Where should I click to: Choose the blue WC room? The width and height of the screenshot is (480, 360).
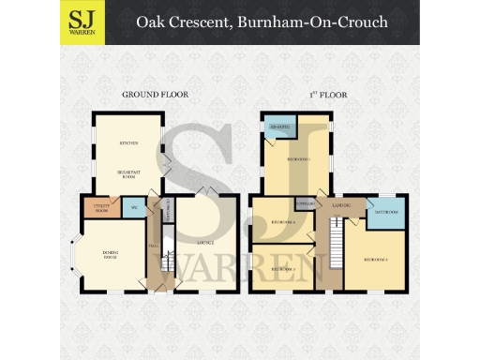point(135,208)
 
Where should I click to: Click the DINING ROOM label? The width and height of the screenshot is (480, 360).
point(110,255)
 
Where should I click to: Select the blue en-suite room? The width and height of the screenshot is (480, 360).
point(278,129)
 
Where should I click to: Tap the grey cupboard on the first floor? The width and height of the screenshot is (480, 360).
point(304,202)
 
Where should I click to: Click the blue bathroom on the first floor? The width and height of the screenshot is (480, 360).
point(386,212)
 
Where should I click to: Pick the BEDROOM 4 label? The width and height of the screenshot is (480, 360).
point(282,222)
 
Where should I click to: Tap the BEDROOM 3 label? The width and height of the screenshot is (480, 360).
point(282,269)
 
